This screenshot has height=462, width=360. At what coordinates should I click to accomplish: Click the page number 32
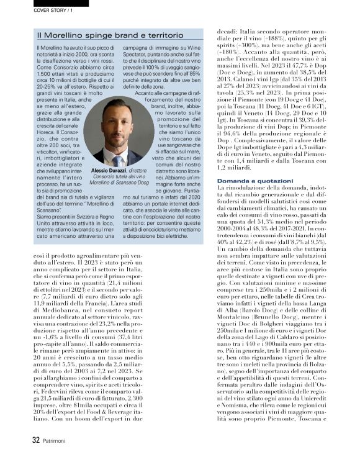pyautogui.click(x=36, y=440)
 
